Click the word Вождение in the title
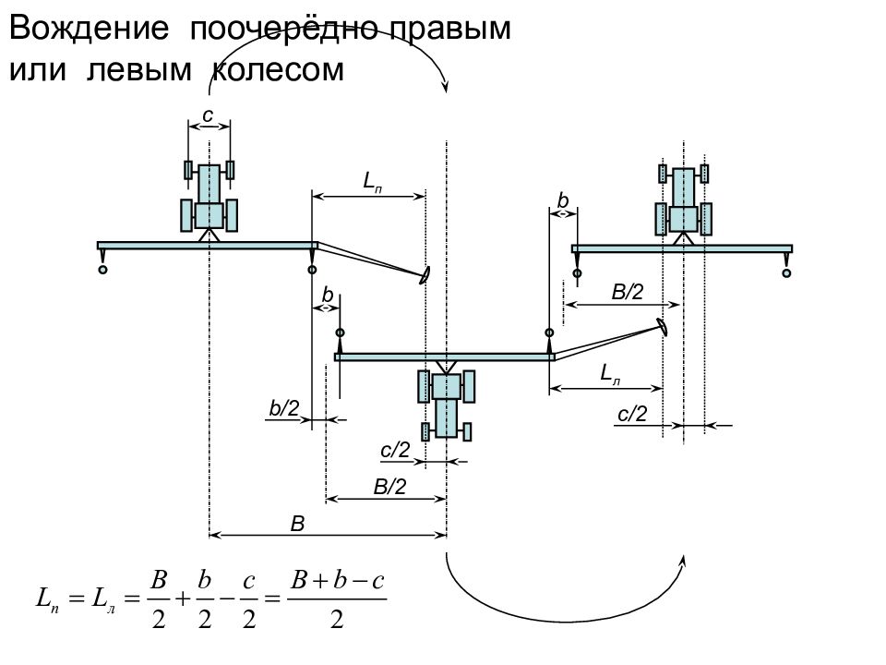click(90, 29)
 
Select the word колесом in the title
click(278, 70)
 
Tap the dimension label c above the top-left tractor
click(208, 115)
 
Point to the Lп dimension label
click(372, 182)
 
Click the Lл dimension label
click(610, 374)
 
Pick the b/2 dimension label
click(283, 407)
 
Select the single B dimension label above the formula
click(297, 524)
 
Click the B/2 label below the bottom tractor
click(389, 487)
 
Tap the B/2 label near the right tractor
click(628, 292)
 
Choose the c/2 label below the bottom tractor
click(395, 450)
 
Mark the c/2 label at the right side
click(632, 414)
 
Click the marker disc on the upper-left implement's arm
click(425, 275)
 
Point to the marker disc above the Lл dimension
click(662, 327)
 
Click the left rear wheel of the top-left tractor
click(186, 215)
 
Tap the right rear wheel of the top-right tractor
click(706, 219)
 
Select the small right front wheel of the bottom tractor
click(467, 431)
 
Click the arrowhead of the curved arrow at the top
click(445, 87)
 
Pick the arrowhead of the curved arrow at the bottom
click(683, 560)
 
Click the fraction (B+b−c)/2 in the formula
click(337, 599)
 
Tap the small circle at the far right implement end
click(786, 273)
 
